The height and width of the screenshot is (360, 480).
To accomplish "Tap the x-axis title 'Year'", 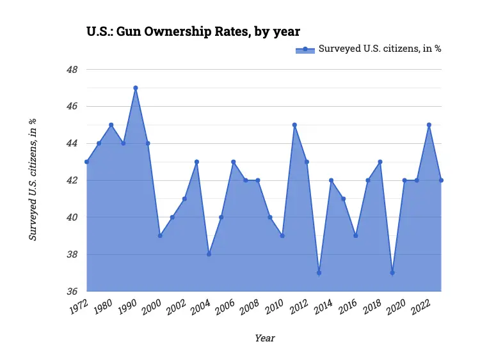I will (x=264, y=338).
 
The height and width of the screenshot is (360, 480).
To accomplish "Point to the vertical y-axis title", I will (x=33, y=180).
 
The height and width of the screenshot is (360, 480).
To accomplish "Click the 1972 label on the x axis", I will (x=78, y=308).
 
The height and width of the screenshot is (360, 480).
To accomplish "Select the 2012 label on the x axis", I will (x=298, y=308).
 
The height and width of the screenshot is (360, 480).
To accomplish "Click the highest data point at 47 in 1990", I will (x=136, y=88).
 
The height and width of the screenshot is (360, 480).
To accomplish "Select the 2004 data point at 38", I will (x=209, y=254).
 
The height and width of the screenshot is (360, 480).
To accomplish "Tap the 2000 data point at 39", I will (x=160, y=236).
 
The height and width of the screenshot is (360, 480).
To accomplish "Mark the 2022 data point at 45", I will (x=429, y=125).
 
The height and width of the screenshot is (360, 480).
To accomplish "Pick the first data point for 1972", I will (x=86, y=162).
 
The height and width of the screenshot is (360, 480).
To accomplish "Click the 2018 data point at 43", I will (x=380, y=162).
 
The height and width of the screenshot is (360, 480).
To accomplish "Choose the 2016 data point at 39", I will (x=356, y=236).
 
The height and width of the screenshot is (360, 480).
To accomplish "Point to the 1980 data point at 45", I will (x=111, y=125).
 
